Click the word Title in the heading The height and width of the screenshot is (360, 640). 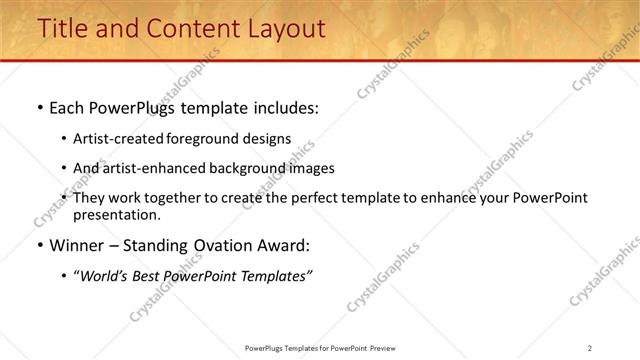click(63, 29)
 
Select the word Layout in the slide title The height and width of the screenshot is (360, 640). click(284, 29)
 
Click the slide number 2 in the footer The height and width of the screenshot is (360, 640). click(590, 347)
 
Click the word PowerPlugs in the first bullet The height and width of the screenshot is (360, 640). click(136, 108)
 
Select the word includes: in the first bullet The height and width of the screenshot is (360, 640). click(281, 108)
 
